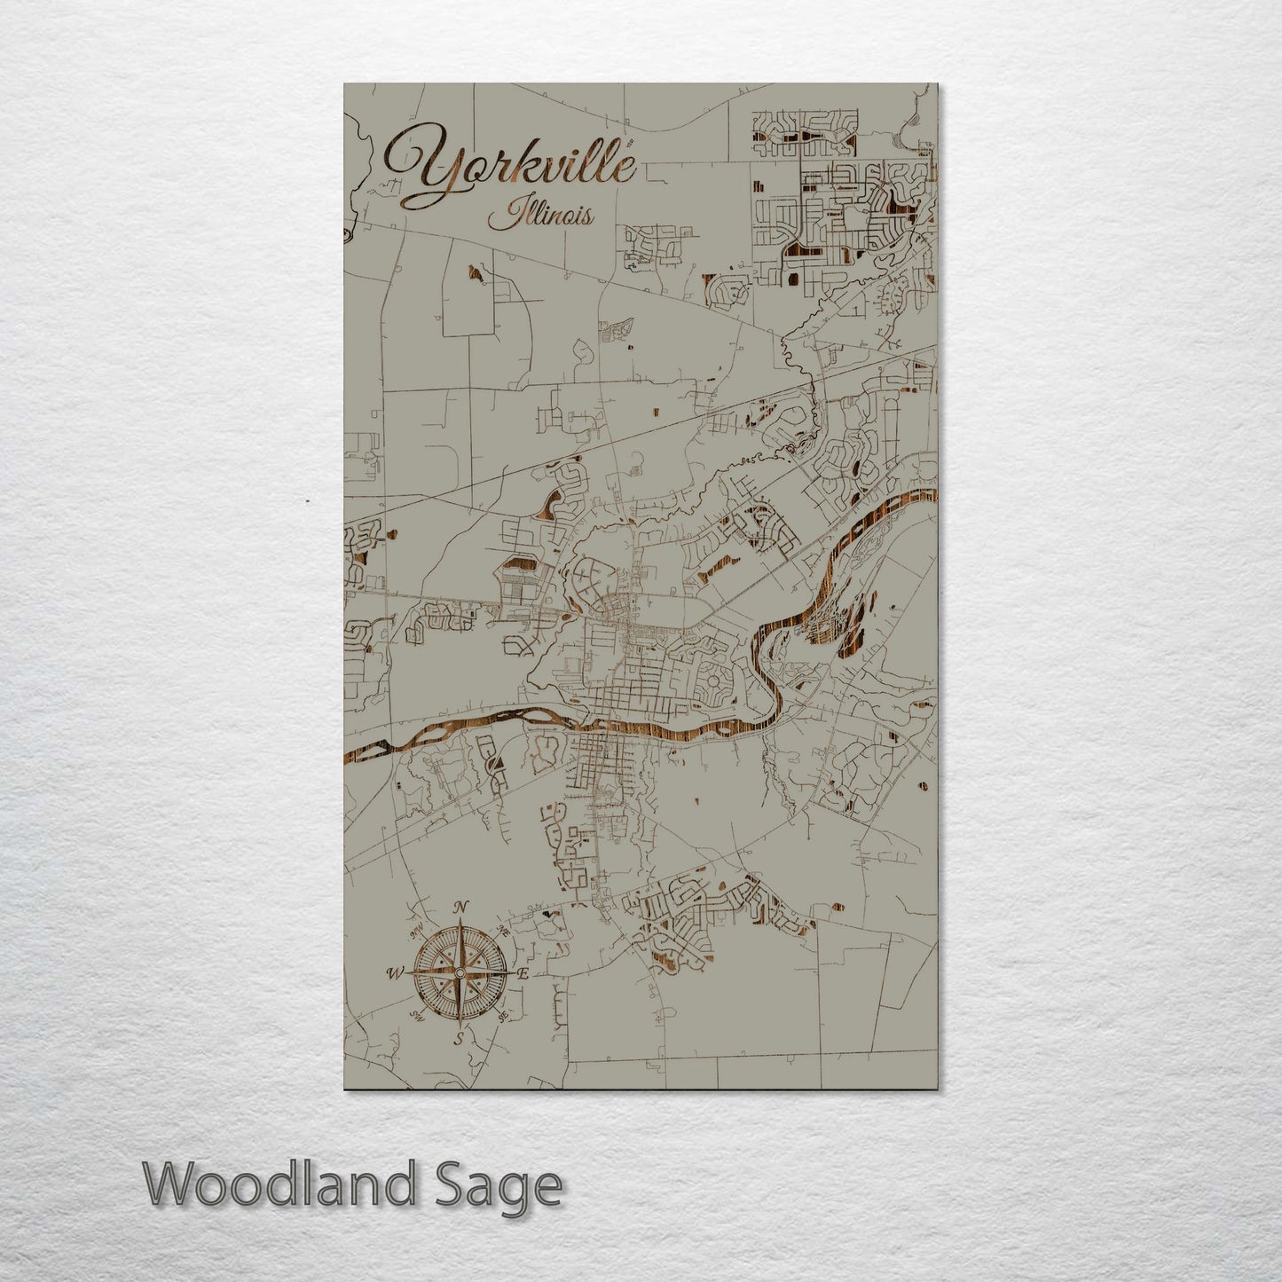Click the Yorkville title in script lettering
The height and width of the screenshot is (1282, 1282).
[x=510, y=169]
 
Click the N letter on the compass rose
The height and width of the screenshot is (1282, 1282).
[x=460, y=907]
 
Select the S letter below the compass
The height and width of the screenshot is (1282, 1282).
[x=459, y=1039]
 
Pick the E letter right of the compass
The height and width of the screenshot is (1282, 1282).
[x=523, y=973]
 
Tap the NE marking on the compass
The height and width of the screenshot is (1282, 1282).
[x=503, y=931]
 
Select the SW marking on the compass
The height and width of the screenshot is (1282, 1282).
[x=415, y=1016]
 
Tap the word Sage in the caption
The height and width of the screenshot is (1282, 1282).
[x=511, y=1187]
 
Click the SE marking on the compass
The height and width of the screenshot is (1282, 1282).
[x=502, y=1017]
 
